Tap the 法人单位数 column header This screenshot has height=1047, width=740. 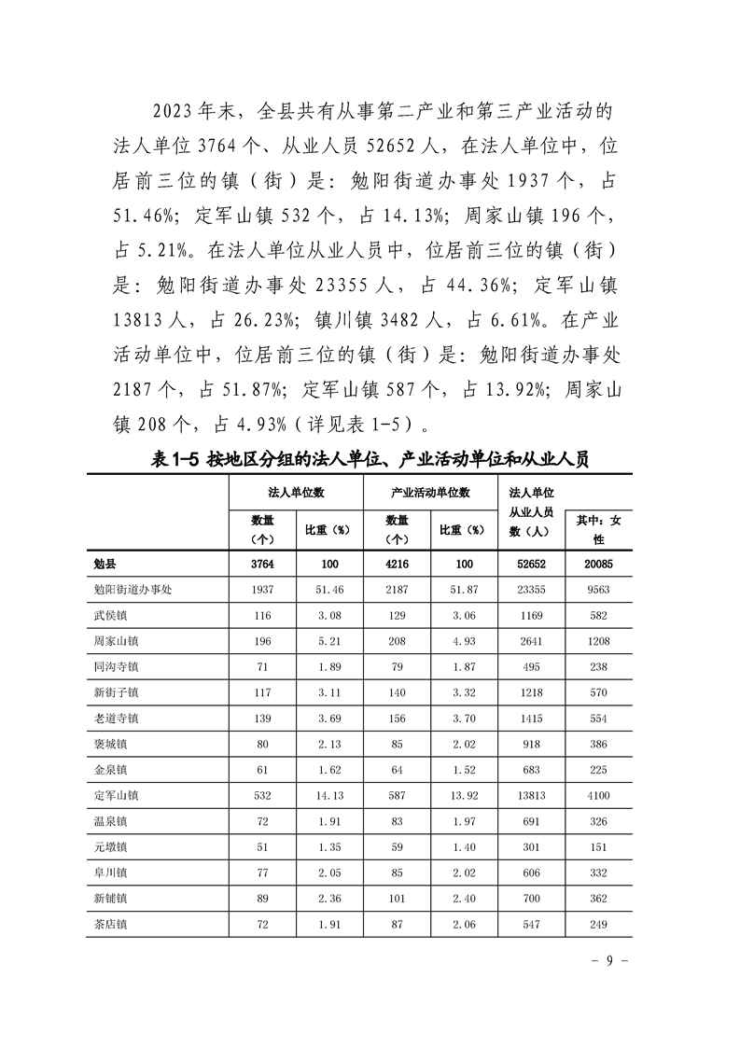[x=296, y=491]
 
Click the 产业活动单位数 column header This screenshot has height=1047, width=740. [x=429, y=491]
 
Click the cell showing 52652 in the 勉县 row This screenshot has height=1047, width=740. [x=532, y=564]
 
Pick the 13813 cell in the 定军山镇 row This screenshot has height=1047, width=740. [x=532, y=795]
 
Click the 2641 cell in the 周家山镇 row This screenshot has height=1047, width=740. [x=532, y=641]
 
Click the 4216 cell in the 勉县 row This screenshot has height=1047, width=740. [x=397, y=564]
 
